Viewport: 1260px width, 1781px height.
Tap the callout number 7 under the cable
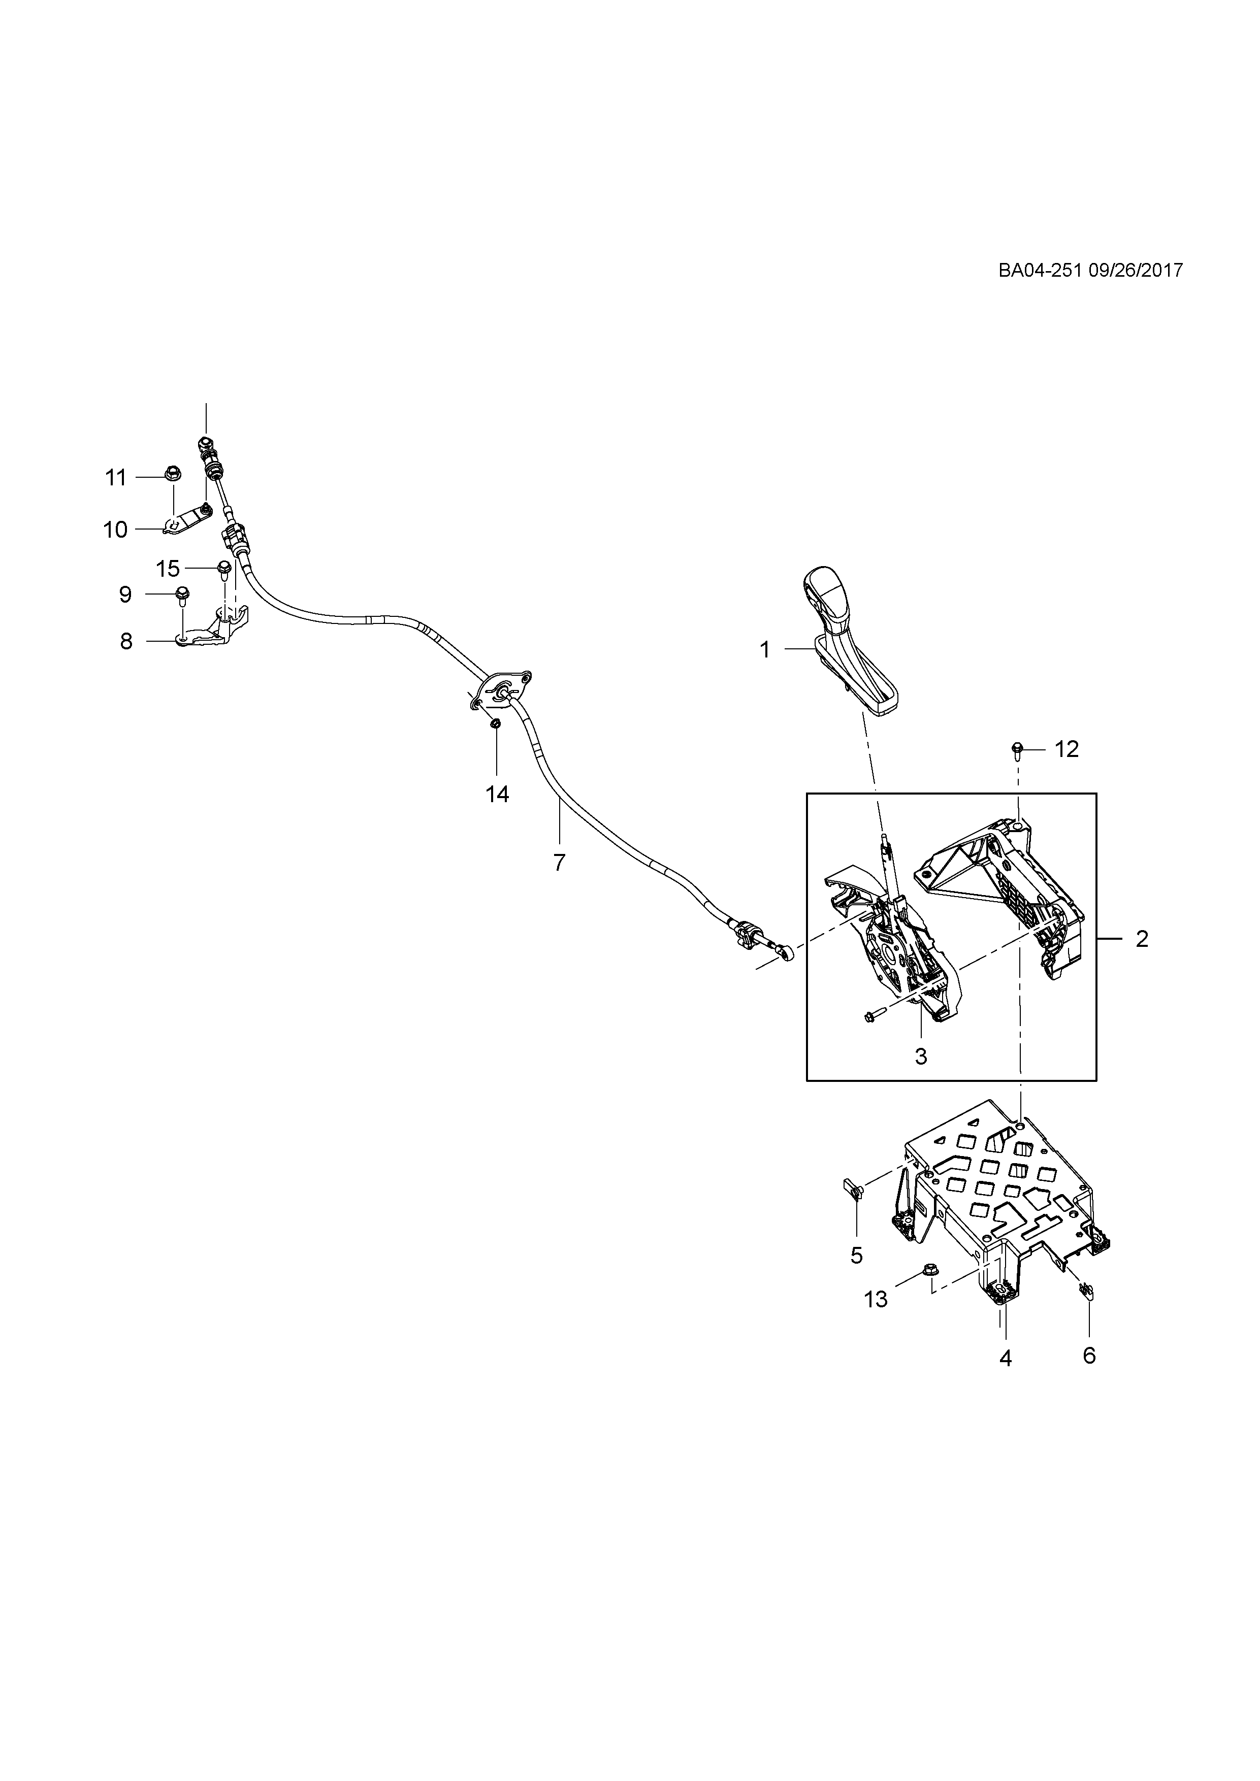coord(559,862)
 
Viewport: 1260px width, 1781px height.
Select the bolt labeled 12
coord(1016,749)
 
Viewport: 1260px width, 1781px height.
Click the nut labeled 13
coord(929,1270)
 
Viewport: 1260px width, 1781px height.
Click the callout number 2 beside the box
coord(1141,939)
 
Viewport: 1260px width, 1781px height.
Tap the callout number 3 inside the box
coord(921,1057)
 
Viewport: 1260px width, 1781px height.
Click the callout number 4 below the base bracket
coord(1006,1358)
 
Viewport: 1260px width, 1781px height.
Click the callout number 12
coord(1067,749)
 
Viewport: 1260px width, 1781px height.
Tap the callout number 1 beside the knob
coord(765,650)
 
